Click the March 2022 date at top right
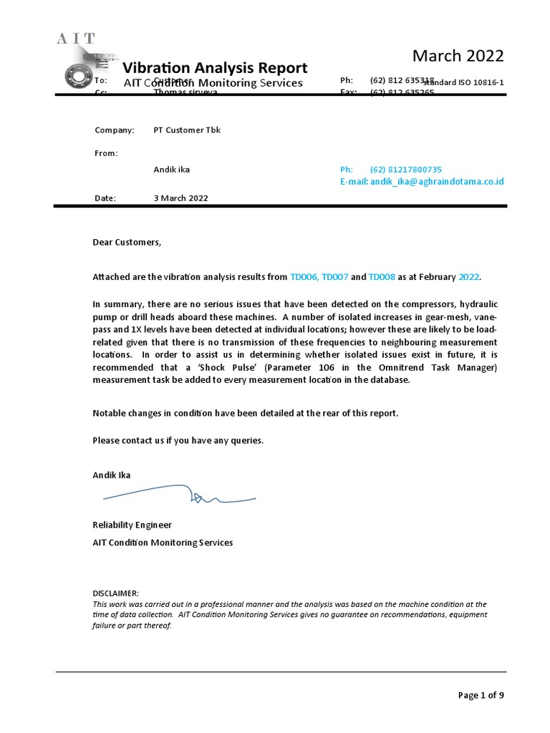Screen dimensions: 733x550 coord(458,56)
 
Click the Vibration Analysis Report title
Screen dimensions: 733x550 coord(215,68)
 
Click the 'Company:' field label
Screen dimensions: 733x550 coord(115,130)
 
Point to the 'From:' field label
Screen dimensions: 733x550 coord(107,153)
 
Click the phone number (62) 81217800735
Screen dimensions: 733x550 coord(405,170)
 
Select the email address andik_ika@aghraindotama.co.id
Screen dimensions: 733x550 coord(436,182)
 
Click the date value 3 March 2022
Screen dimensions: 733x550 coord(180,198)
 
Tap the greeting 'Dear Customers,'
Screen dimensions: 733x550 coord(127,242)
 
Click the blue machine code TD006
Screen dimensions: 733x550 coord(304,277)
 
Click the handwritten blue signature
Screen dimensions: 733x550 coord(179,495)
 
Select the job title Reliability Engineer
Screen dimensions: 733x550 coord(132,525)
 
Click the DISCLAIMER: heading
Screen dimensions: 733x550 coord(116,593)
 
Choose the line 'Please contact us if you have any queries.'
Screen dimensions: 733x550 coord(178,440)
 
